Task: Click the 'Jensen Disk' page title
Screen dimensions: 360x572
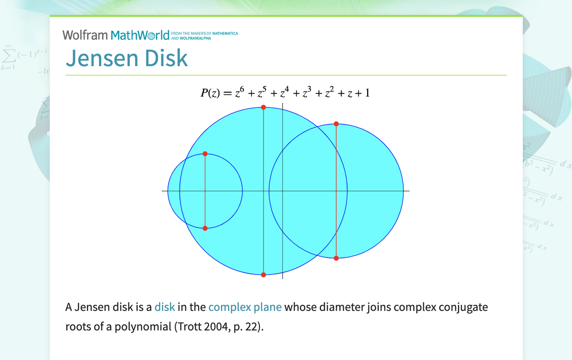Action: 127,58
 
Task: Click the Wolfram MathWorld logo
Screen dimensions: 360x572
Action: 116,35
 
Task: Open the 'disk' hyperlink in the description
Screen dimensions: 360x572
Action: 165,307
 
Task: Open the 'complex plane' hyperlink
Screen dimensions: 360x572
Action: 245,307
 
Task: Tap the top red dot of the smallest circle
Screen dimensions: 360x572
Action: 205,154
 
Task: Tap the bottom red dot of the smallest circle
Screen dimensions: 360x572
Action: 205,228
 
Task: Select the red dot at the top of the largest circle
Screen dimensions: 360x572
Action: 264,107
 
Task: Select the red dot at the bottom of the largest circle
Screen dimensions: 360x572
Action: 264,274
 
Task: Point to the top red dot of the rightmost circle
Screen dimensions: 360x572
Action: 336,124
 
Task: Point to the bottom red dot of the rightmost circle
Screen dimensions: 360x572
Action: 336,258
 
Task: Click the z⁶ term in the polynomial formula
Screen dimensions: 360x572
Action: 239,92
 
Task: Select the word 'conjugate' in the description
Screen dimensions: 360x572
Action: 463,307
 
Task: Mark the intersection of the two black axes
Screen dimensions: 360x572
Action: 283,191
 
